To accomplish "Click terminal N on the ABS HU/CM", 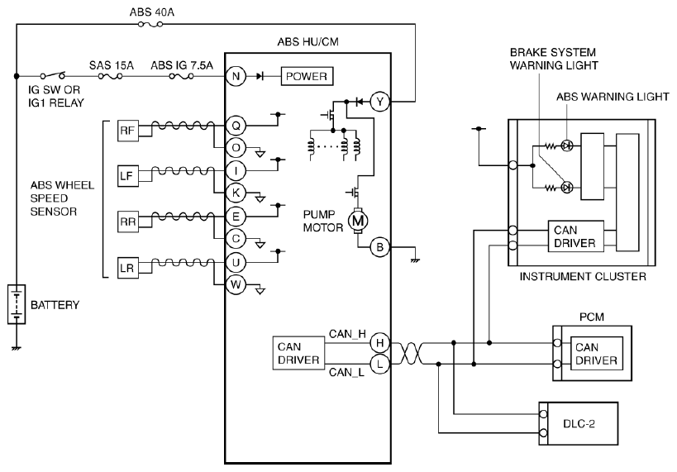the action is [236, 76].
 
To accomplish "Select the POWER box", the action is [307, 76].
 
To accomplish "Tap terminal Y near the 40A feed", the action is [380, 102].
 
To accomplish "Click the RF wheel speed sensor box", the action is [128, 131].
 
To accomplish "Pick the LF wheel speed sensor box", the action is [128, 176].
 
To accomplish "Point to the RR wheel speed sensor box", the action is [128, 222].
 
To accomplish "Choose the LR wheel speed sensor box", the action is [128, 268].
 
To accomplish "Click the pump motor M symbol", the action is [358, 221].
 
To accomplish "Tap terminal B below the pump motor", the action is [380, 247].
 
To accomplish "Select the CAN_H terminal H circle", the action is [380, 343].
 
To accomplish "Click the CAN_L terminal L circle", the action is [380, 364].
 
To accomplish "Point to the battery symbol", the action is [17, 304].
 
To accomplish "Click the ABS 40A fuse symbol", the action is [150, 25].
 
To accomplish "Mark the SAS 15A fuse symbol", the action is [110, 76].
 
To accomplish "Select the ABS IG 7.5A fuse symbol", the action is [181, 76].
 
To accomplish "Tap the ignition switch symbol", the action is [53, 75].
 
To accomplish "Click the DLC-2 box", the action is [579, 423].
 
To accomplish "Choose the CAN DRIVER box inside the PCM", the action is [596, 354].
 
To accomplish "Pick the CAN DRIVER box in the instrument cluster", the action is [576, 236].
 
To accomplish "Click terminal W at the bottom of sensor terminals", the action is [236, 285].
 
